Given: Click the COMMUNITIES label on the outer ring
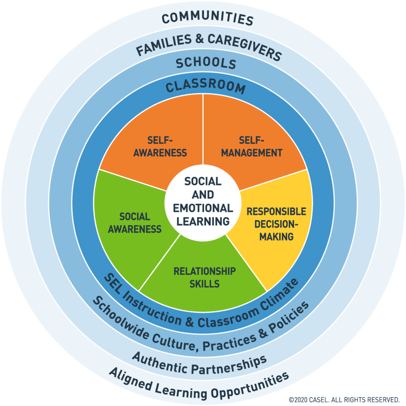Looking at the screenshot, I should (x=207, y=19).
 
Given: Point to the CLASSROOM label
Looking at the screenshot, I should (x=205, y=86).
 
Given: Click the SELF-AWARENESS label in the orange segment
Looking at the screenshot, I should (x=160, y=146).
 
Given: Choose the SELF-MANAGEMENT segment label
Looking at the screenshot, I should (x=251, y=146).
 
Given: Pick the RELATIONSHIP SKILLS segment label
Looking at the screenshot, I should (x=204, y=277).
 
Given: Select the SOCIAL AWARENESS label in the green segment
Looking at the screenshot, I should (x=135, y=223).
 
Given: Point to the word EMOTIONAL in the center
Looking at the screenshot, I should (x=203, y=208).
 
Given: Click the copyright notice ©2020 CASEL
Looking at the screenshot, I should (x=343, y=399).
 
